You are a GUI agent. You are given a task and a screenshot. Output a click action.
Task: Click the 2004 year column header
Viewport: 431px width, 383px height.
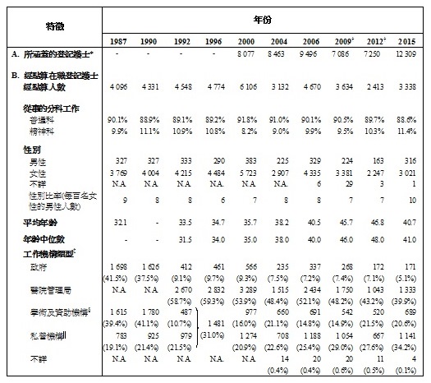(x=287, y=41)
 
